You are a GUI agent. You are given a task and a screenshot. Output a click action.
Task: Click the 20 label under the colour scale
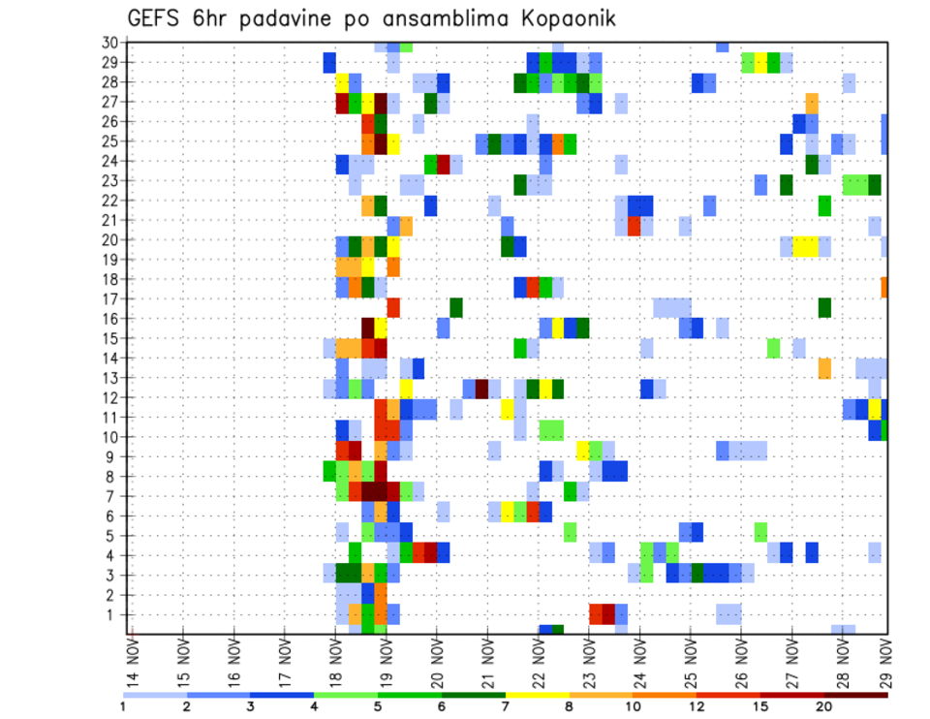click(823, 706)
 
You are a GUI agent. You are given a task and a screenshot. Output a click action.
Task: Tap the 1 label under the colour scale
click(123, 706)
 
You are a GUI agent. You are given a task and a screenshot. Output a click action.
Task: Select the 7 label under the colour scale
click(505, 706)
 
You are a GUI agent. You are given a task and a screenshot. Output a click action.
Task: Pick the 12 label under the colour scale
click(697, 706)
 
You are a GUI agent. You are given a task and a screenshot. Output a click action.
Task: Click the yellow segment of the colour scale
click(537, 695)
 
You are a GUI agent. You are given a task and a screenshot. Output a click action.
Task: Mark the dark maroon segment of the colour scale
click(855, 695)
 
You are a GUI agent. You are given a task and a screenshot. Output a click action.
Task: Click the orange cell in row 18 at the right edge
click(884, 288)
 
